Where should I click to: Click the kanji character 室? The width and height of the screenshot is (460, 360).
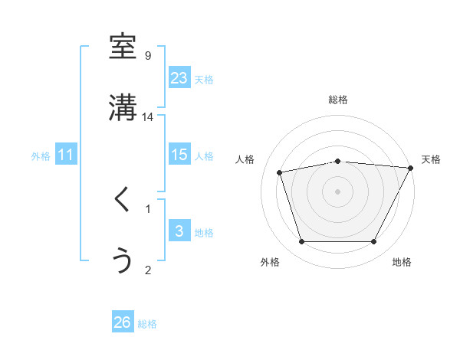[123, 47]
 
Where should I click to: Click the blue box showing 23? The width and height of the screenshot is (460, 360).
[179, 78]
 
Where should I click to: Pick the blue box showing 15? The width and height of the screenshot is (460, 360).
[179, 155]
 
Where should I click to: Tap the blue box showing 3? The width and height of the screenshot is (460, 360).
[179, 231]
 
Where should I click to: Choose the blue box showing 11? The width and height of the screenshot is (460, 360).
[66, 155]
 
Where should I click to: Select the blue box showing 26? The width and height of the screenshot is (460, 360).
[123, 322]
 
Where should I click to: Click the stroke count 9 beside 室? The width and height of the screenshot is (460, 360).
[148, 55]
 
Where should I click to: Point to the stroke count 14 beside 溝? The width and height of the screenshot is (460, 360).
[148, 116]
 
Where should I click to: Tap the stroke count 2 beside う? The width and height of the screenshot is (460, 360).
[148, 269]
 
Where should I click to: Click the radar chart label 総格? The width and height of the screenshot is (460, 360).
[337, 100]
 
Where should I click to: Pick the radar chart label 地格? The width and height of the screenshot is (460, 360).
[402, 263]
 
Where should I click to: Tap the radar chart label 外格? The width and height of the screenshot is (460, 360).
[270, 263]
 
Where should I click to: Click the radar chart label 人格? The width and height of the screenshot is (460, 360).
[245, 159]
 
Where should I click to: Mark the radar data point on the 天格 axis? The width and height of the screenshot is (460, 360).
[412, 168]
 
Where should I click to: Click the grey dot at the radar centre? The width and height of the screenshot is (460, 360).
[337, 191]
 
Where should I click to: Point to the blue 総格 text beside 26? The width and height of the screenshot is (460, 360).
[147, 324]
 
